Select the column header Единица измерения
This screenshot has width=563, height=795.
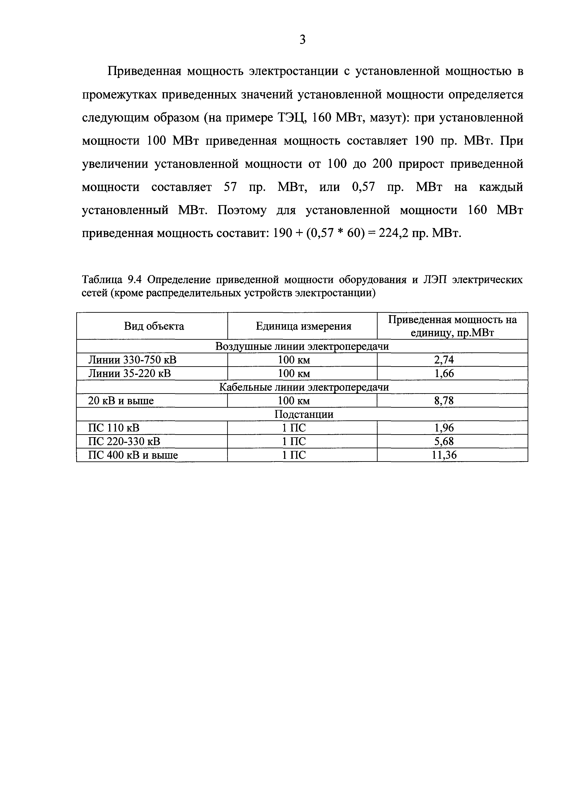(x=303, y=326)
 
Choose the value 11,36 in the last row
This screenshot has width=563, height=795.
(x=444, y=455)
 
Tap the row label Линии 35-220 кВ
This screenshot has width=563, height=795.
(x=129, y=374)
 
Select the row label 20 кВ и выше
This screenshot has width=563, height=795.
(x=121, y=401)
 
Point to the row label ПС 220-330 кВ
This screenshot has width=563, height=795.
(x=124, y=441)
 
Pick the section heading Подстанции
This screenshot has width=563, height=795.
(x=304, y=414)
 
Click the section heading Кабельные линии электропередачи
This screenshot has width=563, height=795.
(x=304, y=387)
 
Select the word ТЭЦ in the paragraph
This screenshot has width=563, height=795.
(x=291, y=118)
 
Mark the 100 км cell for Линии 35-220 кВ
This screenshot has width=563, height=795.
(x=294, y=374)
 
